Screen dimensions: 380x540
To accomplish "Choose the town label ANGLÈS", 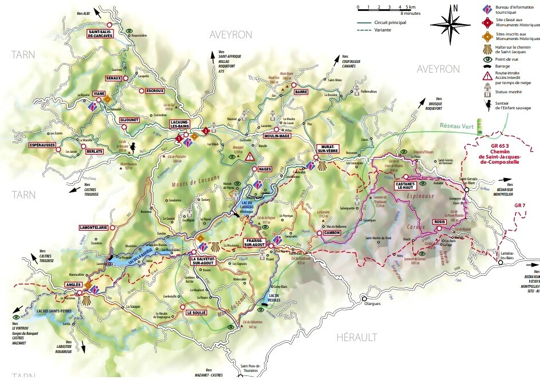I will pyautogui.click(x=75, y=284).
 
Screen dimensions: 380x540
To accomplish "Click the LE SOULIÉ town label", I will pyautogui.click(x=196, y=313).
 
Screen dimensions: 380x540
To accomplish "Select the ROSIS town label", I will pyautogui.click(x=440, y=221).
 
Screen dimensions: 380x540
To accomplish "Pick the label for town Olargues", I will pyautogui.click(x=373, y=304).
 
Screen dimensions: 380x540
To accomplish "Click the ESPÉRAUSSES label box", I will pyautogui.click(x=45, y=145).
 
